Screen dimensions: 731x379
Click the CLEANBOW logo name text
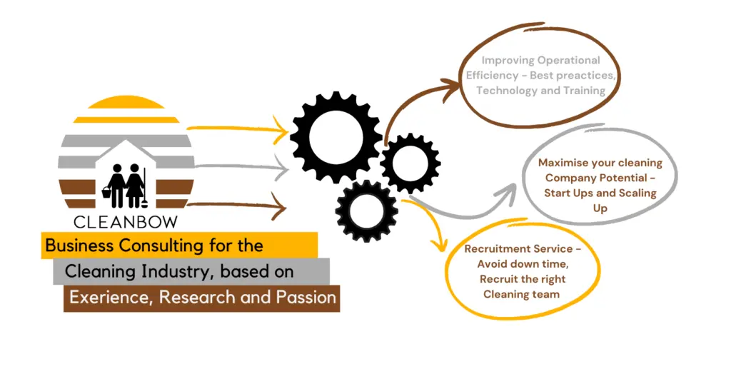tap(126, 222)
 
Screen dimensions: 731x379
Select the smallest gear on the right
tap(410, 163)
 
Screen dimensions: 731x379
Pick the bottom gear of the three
tap(366, 211)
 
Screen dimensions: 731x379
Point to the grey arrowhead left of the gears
tap(282, 167)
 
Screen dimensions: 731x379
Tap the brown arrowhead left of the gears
tap(280, 206)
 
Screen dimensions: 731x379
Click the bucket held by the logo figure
tap(107, 191)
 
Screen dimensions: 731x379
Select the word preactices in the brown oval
tap(586, 76)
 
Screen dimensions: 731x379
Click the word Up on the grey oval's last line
tap(600, 208)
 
